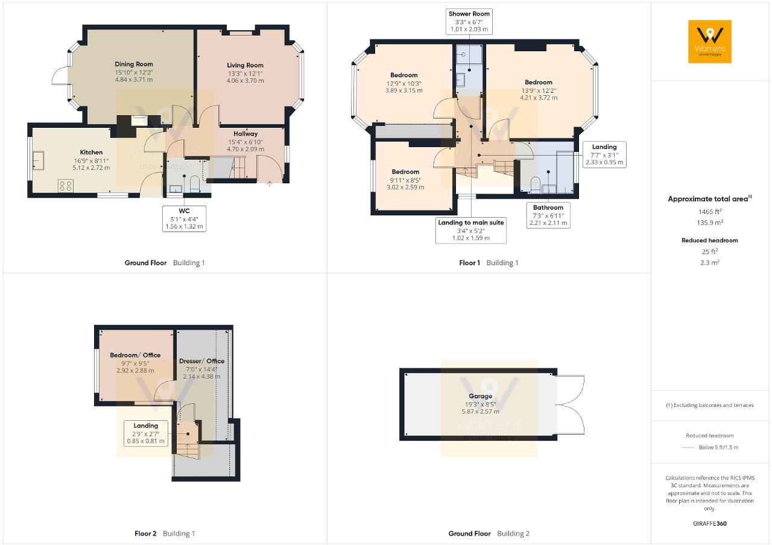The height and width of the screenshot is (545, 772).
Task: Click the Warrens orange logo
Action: click(x=710, y=42)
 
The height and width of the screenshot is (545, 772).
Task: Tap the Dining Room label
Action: click(x=134, y=64)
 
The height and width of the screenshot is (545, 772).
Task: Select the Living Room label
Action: click(x=245, y=65)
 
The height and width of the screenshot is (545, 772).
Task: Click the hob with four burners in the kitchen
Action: click(x=66, y=186)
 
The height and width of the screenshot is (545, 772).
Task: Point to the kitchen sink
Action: click(x=39, y=160)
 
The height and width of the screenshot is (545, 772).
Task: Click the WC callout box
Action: click(x=184, y=219)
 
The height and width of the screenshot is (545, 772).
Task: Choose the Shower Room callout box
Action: click(x=469, y=21)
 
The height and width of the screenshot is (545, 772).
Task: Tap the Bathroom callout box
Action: click(x=548, y=215)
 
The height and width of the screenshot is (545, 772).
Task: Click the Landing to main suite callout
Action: click(x=471, y=230)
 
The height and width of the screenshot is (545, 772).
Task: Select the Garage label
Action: click(x=481, y=396)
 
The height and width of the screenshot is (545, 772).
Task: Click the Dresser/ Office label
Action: click(x=201, y=361)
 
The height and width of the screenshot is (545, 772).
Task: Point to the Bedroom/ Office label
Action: click(x=135, y=355)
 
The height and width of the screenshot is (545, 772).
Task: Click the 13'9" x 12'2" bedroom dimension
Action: click(x=539, y=90)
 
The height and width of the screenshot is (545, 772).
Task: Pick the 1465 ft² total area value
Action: click(x=710, y=212)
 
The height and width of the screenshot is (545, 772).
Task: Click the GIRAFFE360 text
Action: click(x=710, y=524)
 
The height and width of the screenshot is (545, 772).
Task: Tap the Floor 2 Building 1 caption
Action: click(x=165, y=534)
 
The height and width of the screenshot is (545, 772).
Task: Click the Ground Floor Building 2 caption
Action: click(x=489, y=534)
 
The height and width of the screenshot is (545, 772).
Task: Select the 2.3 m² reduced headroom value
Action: click(x=710, y=262)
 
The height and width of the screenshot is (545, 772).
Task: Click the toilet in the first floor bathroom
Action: click(x=535, y=185)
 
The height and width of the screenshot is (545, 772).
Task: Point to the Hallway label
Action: click(x=245, y=134)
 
